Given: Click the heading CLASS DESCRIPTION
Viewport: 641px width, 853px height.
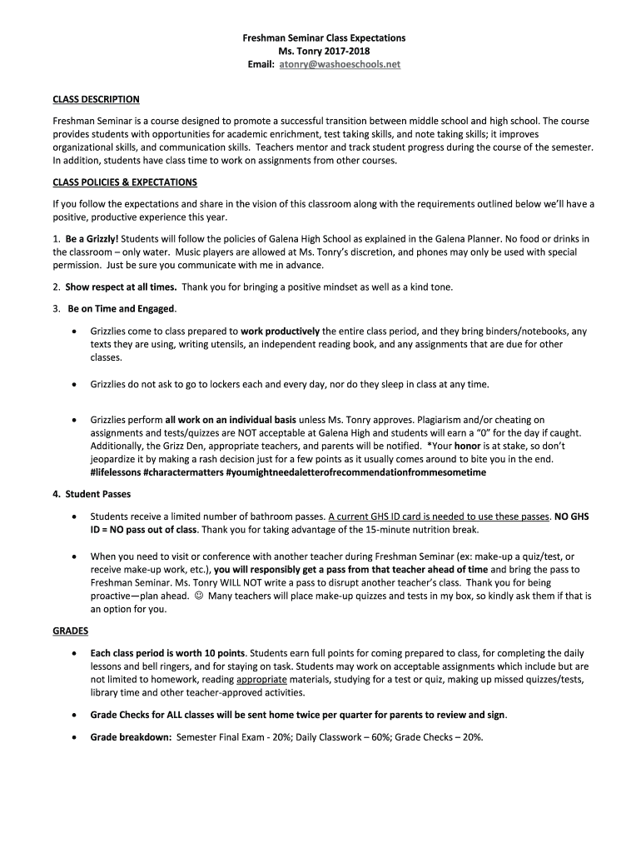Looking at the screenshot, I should tap(96, 100).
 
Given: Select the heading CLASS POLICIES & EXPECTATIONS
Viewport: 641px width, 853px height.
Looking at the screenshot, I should tap(125, 182).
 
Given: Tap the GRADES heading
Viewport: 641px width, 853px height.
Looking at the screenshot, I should tap(70, 631).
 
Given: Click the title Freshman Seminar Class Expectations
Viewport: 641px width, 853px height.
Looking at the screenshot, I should tap(324, 38).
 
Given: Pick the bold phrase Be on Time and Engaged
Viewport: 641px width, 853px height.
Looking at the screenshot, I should tap(122, 309).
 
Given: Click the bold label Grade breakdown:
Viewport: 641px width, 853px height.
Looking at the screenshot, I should tap(132, 737).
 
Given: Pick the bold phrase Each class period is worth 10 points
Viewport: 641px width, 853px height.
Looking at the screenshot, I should tap(167, 653).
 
